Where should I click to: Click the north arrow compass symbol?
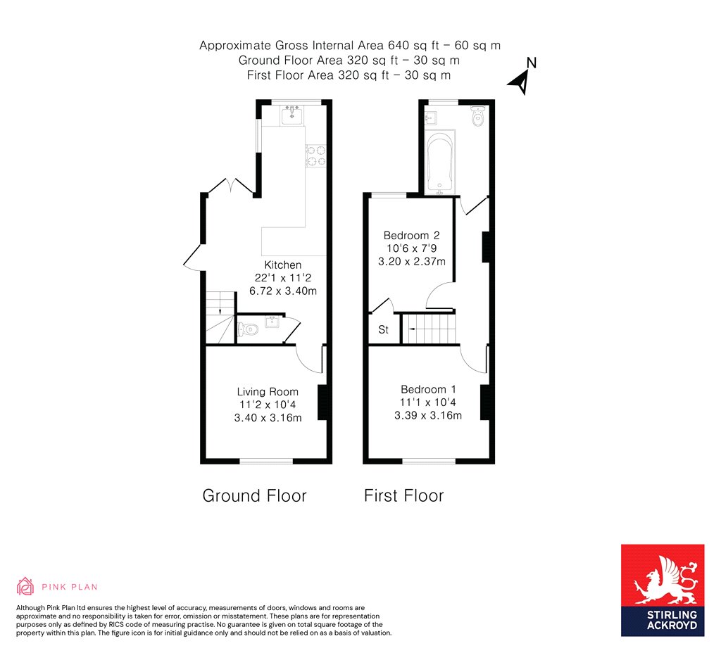(522, 81)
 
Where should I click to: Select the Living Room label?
(268, 392)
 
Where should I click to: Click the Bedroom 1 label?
(428, 389)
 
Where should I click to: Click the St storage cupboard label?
(383, 329)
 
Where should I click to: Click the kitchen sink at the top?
(292, 115)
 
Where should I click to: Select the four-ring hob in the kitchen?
(315, 156)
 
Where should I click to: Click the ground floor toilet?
(246, 329)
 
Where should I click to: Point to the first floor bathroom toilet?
(479, 118)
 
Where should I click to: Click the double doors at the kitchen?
(231, 185)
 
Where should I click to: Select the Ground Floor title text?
(254, 495)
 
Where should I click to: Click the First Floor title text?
(403, 495)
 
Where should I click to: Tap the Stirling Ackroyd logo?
(662, 590)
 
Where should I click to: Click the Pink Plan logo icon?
(25, 586)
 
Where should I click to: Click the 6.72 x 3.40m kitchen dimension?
(282, 289)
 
